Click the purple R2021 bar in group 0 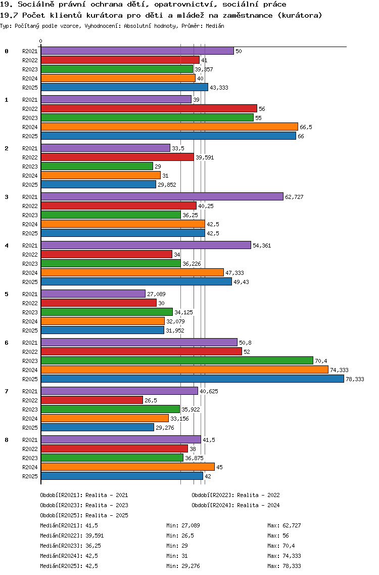(x=137, y=51)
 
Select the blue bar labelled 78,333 (x=192, y=379)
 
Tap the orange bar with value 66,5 (x=169, y=127)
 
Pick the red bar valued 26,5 (x=91, y=400)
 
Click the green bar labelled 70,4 (x=177, y=360)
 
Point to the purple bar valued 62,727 (x=162, y=196)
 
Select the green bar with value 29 (x=97, y=166)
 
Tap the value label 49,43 (x=241, y=282)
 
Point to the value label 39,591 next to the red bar (x=205, y=157)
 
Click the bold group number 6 (x=7, y=343)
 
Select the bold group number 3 (x=7, y=197)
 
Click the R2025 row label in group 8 (x=30, y=476)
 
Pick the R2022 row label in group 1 (x=30, y=109)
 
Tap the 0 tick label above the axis (x=41, y=41)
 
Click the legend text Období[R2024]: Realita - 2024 (x=235, y=505)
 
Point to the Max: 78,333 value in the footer (x=284, y=566)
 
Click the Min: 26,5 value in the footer (x=181, y=536)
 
